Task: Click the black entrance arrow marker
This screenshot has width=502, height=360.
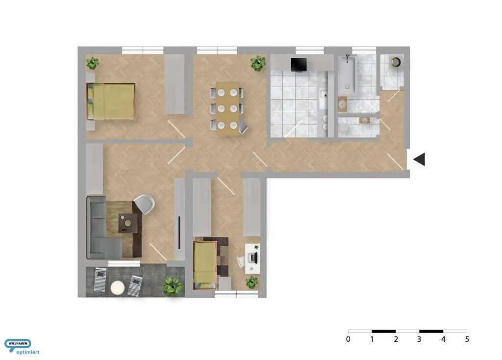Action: (420, 159)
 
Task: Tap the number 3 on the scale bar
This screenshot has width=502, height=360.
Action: (419, 339)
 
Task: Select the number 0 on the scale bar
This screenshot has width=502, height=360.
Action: (348, 339)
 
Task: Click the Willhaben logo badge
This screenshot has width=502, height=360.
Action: (18, 344)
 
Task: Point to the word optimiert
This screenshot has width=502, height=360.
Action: (28, 352)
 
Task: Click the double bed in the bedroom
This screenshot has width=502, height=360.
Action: (111, 101)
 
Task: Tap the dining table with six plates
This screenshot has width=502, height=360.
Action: (227, 108)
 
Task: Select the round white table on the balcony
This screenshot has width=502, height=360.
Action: (118, 287)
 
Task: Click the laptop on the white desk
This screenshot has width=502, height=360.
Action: (253, 257)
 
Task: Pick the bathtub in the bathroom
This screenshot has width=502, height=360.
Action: (347, 75)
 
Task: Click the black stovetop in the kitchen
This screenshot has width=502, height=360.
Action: (299, 64)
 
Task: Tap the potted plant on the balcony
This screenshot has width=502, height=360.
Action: (173, 285)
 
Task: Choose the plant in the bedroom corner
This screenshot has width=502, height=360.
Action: (93, 63)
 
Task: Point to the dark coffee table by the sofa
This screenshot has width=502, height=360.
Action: (128, 223)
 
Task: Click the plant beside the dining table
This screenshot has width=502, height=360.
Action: (258, 63)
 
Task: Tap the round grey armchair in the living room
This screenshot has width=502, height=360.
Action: (145, 204)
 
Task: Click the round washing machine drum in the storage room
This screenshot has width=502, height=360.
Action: (396, 62)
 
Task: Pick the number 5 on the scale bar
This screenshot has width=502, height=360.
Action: (467, 339)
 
